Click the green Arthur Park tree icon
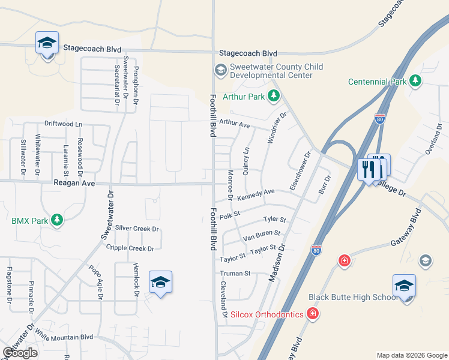(x=274, y=95)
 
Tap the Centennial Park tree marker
(x=415, y=81)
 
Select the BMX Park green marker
(x=57, y=220)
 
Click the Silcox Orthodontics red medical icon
(x=312, y=314)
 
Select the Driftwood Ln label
(x=62, y=124)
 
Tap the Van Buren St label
(x=262, y=235)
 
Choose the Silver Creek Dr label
(x=137, y=229)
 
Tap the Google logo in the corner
(x=20, y=353)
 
